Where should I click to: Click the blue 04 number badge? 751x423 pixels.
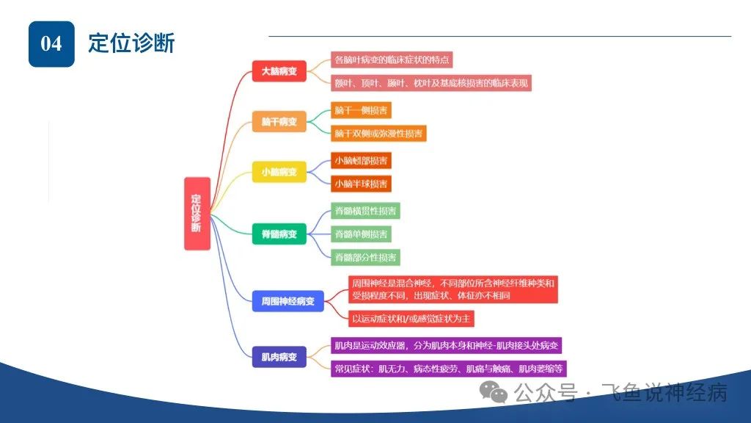tap(52, 43)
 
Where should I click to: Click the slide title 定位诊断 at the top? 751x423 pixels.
tap(131, 43)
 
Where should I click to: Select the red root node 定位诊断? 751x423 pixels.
tap(197, 214)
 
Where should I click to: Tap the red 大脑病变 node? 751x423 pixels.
tap(279, 71)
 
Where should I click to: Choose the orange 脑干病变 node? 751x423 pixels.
tap(279, 121)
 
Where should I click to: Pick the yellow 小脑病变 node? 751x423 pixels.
tap(279, 172)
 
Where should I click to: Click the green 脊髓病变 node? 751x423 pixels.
tap(279, 234)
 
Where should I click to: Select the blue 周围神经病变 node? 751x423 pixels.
tap(287, 301)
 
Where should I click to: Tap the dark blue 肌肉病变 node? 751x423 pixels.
tap(279, 357)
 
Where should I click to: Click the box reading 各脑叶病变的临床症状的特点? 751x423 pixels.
tap(392, 60)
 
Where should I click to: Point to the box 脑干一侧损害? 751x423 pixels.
tap(361, 110)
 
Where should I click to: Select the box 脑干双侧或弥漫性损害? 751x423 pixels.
tap(378, 134)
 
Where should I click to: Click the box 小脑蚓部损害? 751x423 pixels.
tap(361, 161)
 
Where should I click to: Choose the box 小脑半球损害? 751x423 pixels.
tap(361, 184)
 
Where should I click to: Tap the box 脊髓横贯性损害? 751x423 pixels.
tap(365, 211)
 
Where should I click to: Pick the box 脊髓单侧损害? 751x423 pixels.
tap(361, 234)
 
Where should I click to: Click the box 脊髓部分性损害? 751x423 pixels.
tap(365, 258)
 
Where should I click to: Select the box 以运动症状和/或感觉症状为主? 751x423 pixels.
tap(411, 319)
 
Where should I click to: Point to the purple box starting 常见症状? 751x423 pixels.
tap(449, 369)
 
